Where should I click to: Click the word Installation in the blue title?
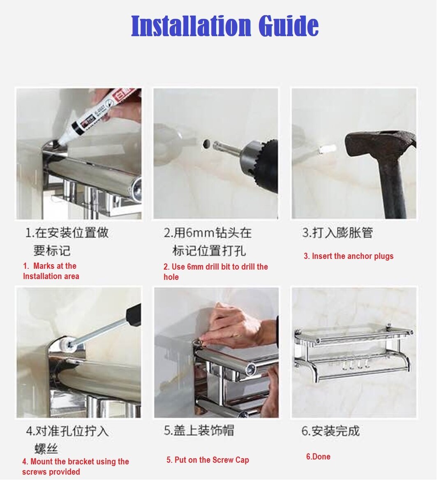pyautogui.click(x=191, y=26)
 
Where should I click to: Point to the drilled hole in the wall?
pyautogui.click(x=207, y=143)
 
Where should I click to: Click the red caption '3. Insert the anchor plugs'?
pyautogui.click(x=349, y=256)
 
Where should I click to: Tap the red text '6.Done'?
pyautogui.click(x=318, y=457)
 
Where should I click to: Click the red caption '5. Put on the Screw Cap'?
pyautogui.click(x=208, y=460)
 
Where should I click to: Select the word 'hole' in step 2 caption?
pyautogui.click(x=171, y=277)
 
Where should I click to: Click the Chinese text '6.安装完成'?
pyautogui.click(x=331, y=431)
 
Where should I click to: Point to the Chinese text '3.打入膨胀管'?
pyautogui.click(x=338, y=233)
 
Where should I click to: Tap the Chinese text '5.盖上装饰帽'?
pyautogui.click(x=199, y=430)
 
